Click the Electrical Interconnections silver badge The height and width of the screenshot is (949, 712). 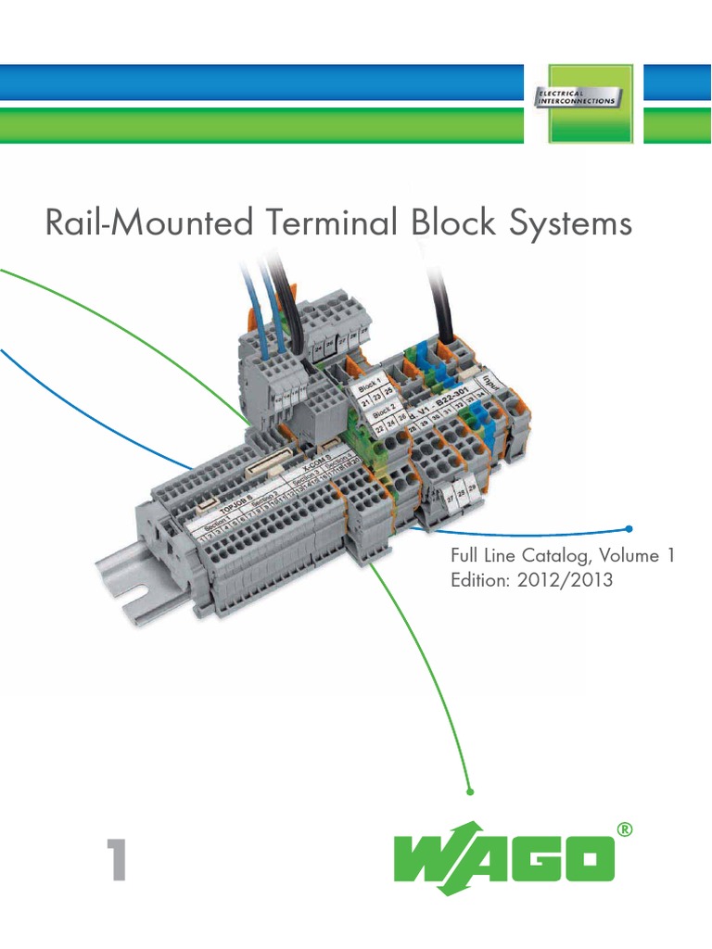point(578,96)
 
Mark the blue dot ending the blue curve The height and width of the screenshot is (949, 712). point(629,528)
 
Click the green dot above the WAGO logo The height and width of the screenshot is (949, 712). point(471,791)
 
